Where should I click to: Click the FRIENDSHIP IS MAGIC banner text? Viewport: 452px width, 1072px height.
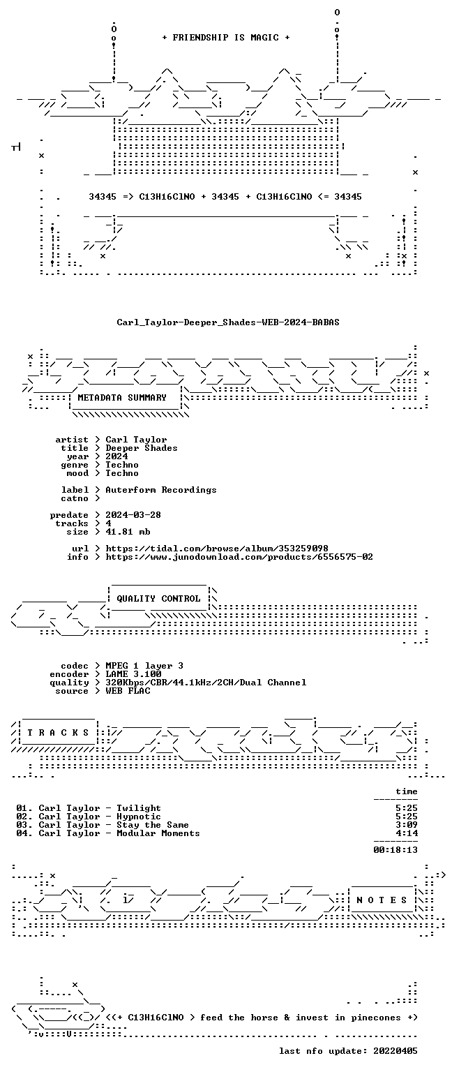pos(226,37)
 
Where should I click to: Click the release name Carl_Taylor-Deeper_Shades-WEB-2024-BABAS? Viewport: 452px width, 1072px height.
pos(228,322)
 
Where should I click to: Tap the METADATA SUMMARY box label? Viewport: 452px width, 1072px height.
pos(122,398)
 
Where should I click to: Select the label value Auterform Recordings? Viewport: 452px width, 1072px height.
pos(160,490)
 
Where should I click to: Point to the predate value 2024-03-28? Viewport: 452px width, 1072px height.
pos(133,515)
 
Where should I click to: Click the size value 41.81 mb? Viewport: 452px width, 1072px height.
pos(128,532)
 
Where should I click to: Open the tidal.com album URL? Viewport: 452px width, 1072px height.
pos(217,549)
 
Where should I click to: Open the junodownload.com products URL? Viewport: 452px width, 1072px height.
pos(239,557)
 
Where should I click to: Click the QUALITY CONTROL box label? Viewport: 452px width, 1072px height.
pos(158,599)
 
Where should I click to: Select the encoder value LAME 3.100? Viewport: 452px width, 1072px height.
pos(133,674)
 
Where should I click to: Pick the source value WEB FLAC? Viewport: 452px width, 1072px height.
pos(128,691)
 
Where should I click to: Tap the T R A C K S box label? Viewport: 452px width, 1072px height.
pos(58,733)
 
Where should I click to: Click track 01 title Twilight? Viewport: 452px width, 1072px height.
pos(139,808)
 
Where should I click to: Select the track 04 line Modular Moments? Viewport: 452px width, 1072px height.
pos(108,834)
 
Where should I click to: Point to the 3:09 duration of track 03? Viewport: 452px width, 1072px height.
pos(407,825)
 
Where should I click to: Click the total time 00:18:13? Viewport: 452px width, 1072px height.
pos(395,850)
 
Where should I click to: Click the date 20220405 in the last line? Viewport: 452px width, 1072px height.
pos(395,1051)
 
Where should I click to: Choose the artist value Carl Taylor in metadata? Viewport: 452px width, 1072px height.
pos(136,440)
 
